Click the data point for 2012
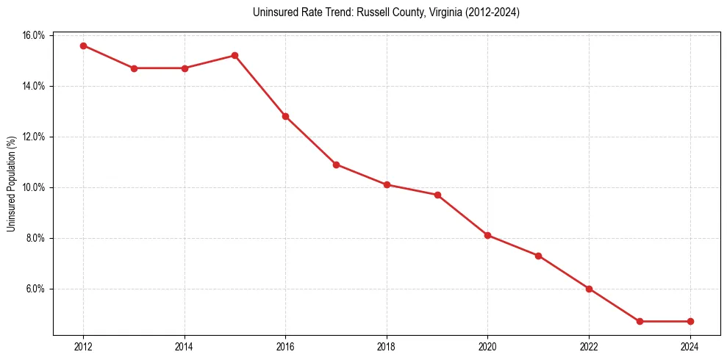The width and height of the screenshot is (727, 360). click(83, 46)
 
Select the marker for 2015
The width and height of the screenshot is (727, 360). click(234, 55)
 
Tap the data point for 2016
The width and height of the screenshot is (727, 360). click(285, 116)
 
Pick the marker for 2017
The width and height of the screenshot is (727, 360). click(336, 165)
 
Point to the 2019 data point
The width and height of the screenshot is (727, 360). click(437, 195)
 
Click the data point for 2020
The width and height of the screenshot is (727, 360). click(487, 235)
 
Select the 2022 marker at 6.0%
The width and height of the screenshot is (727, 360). click(589, 289)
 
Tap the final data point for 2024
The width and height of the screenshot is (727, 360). click(690, 321)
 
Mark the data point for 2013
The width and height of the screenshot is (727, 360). click(134, 68)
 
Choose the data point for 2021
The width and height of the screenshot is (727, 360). click(538, 256)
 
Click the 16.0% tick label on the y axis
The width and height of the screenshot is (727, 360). click(34, 35)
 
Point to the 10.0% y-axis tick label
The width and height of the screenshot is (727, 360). click(34, 187)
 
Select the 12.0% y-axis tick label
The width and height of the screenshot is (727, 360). click(34, 137)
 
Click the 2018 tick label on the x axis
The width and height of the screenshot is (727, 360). click(387, 347)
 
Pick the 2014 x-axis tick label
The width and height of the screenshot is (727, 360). click(185, 347)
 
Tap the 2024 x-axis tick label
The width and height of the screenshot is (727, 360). click(690, 347)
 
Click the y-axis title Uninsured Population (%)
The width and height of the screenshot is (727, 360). click(12, 184)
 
